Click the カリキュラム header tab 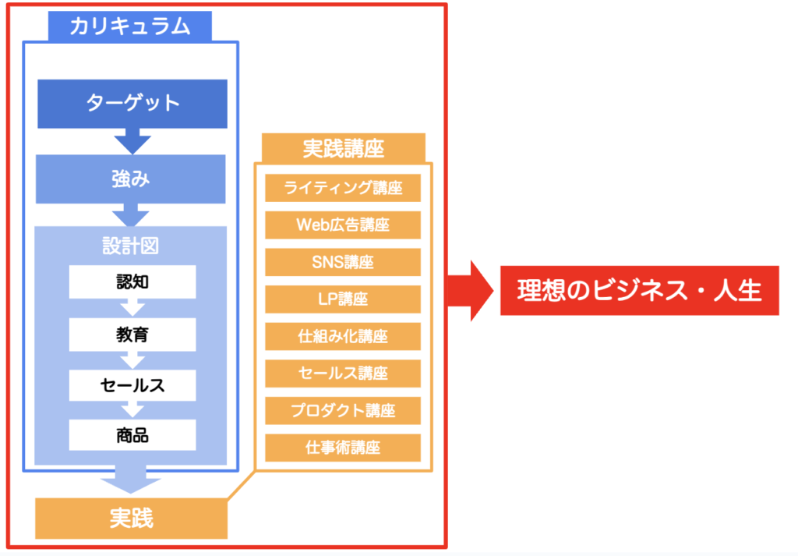point(130,26)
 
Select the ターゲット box point(132,104)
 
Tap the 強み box point(130,179)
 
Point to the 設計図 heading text point(130,246)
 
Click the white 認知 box point(132,282)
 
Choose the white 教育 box point(132,335)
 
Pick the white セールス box point(132,385)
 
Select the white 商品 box point(132,435)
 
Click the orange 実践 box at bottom point(131,519)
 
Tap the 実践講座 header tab point(344,148)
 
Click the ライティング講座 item point(343,188)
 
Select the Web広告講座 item point(343,225)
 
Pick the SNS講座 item point(343,262)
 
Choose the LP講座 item point(343,299)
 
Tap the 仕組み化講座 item point(343,337)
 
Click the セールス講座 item point(343,374)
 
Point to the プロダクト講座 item point(343,411)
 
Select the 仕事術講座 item point(343,448)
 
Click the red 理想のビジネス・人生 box point(640,290)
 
